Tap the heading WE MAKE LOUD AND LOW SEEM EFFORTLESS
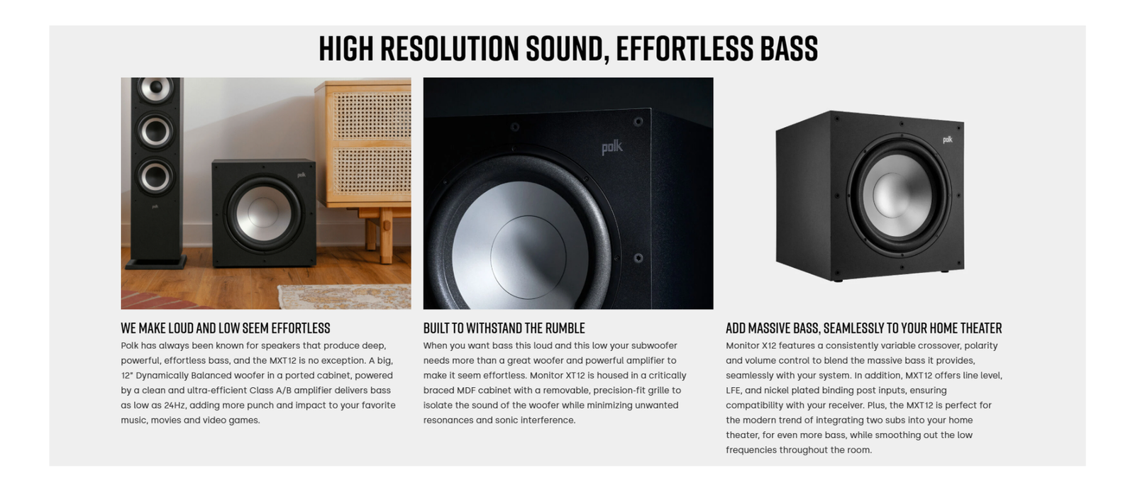(226, 328)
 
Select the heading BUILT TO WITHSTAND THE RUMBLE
(504, 328)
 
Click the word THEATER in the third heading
(981, 328)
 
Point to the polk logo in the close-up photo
(612, 147)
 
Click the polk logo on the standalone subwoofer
(948, 140)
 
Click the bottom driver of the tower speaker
(155, 177)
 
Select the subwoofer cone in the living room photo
(263, 213)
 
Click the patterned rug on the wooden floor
(345, 296)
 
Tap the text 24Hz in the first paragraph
(175, 405)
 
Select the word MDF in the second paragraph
(466, 390)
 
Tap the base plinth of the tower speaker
(156, 262)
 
